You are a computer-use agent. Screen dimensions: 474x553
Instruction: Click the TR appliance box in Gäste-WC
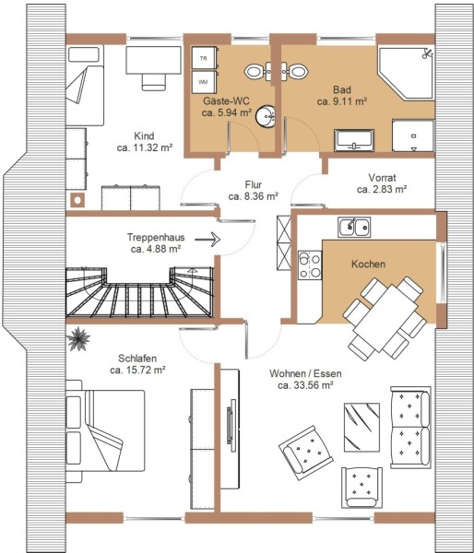204,58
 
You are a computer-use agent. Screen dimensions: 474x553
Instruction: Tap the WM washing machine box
204,82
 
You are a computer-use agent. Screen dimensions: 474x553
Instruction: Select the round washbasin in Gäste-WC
266,116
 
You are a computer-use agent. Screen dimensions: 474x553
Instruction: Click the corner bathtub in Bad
406,73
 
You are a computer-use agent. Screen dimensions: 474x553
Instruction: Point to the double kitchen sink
354,227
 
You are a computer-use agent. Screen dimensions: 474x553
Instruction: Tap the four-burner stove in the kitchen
310,265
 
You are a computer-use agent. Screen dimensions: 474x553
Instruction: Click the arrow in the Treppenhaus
207,240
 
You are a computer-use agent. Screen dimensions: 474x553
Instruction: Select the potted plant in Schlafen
78,339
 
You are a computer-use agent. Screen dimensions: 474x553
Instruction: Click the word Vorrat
382,177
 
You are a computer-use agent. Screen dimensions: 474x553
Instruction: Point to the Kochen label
368,265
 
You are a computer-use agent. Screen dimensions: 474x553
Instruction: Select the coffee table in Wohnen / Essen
361,428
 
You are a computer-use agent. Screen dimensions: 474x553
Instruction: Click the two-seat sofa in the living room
410,428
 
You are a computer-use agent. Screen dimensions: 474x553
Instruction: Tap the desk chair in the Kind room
154,82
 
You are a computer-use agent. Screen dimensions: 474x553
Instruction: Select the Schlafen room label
137,359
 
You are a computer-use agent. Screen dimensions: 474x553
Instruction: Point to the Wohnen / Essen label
305,373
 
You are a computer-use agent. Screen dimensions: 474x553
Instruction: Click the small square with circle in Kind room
77,201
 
